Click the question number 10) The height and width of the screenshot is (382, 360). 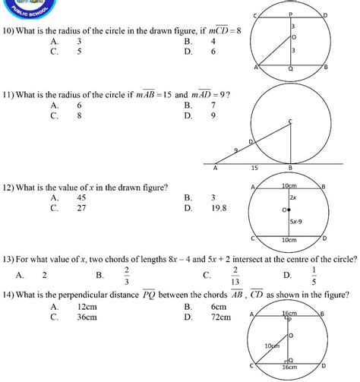[x=10, y=30]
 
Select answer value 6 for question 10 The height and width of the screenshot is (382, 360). [x=213, y=52]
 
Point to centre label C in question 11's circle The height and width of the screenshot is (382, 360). [x=290, y=121]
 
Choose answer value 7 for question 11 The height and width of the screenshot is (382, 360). [x=213, y=105]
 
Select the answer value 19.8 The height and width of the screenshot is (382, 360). [x=218, y=207]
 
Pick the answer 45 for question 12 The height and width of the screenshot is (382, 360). [x=80, y=197]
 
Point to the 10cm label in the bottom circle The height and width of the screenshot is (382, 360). [x=269, y=344]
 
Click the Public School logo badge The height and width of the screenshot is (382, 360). [x=29, y=9]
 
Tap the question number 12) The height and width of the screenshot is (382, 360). [x=10, y=186]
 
